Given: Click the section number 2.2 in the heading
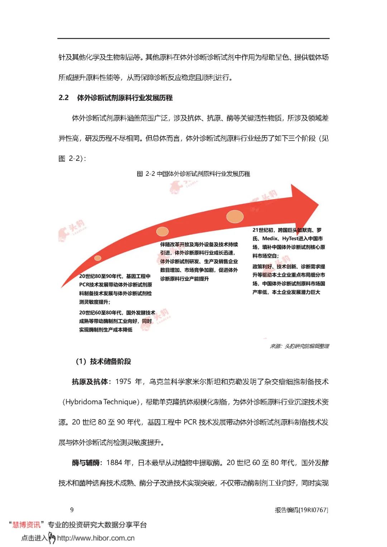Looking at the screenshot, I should click(63, 98).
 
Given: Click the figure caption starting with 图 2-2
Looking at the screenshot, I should click(193, 174).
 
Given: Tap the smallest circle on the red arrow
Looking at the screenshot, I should click(98, 258).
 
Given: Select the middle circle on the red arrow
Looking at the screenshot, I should click(162, 231).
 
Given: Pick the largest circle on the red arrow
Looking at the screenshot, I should click(235, 216).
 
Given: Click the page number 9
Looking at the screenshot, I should click(72, 510).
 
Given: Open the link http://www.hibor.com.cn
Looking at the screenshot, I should click(96, 538).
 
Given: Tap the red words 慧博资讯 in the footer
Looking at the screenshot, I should click(27, 525).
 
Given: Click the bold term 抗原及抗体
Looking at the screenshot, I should click(90, 382).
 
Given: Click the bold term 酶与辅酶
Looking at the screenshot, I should click(86, 463).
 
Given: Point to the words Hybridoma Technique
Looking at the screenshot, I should click(101, 402).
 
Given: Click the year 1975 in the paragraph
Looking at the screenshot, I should click(123, 382).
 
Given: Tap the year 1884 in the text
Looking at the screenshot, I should click(114, 463).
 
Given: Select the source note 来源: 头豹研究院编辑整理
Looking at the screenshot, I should click(299, 346).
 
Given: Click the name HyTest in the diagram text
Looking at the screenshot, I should click(290, 239).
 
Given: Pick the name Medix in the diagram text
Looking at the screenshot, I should click(270, 239).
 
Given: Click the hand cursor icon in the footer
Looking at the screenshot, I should click(52, 537).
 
